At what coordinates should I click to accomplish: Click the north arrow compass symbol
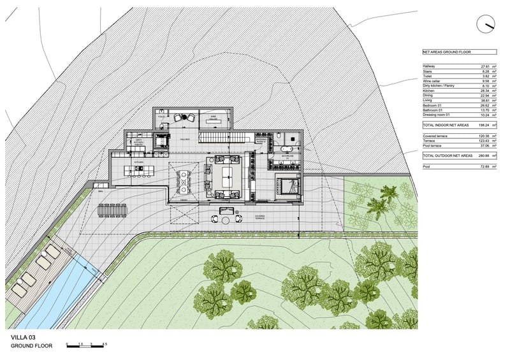point(486,24)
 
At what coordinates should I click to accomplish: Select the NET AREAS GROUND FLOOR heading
point(446,51)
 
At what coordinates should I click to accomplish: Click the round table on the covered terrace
point(225,220)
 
